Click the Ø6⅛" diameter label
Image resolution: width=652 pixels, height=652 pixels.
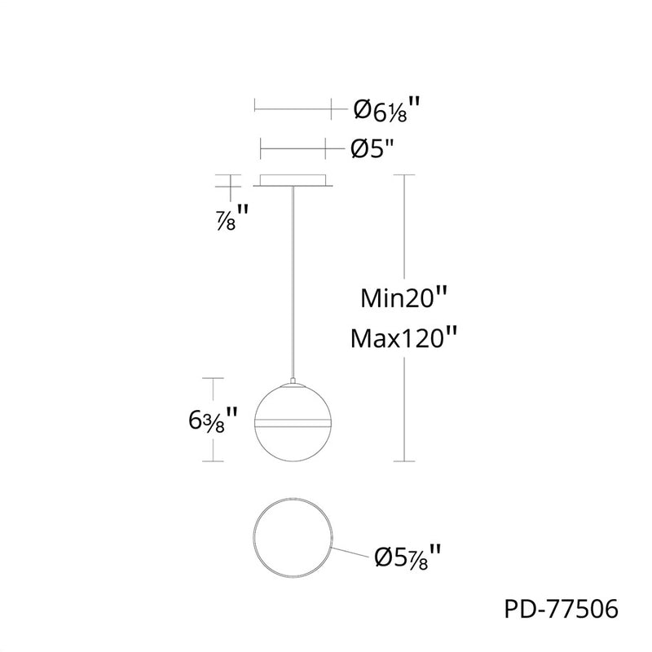(386, 109)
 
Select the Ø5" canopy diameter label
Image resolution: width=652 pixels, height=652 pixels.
(372, 148)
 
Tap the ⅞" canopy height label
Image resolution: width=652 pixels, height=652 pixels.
(232, 217)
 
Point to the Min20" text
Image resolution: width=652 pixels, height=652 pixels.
(403, 297)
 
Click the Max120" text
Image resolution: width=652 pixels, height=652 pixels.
(403, 337)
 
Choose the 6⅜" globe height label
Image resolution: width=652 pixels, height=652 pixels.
(213, 420)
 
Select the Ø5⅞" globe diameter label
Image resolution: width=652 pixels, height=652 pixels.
(407, 557)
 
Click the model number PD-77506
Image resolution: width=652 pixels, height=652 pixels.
(562, 609)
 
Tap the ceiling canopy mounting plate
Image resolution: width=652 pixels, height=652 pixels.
(293, 180)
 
